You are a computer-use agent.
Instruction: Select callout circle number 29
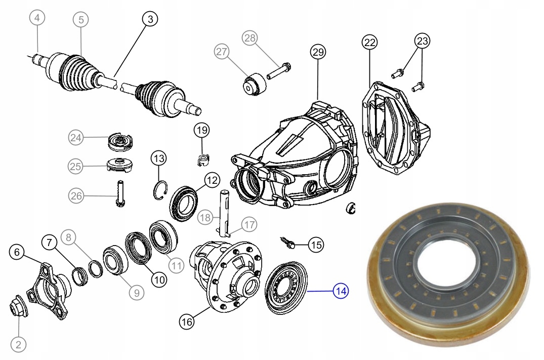tap(318, 52)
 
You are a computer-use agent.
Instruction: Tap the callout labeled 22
tap(369, 43)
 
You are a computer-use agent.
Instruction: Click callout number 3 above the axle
tap(149, 19)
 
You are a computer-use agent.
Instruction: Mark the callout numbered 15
tap(316, 246)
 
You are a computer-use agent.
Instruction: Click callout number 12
tap(211, 180)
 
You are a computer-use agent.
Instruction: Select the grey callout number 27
tap(222, 52)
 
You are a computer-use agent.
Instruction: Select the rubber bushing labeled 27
tap(255, 84)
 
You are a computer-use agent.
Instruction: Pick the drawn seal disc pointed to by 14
tap(286, 288)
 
